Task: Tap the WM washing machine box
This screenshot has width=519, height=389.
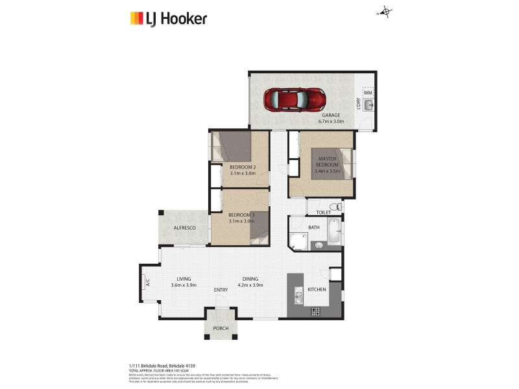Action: click(368, 93)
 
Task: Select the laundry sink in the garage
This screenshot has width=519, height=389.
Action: click(368, 108)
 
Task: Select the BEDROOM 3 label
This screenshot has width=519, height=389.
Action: click(241, 215)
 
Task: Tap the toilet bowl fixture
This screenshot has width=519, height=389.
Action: click(333, 207)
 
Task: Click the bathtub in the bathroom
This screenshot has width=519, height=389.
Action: click(333, 231)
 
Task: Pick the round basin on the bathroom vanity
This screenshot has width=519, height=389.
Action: click(319, 245)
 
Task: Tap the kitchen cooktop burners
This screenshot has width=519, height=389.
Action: click(316, 312)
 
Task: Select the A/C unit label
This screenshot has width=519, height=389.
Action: click(147, 283)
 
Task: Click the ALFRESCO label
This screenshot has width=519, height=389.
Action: click(184, 228)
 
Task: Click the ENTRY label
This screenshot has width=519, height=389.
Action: click(221, 290)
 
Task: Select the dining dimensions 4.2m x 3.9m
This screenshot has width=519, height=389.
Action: click(250, 285)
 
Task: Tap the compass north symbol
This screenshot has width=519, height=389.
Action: click(386, 11)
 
